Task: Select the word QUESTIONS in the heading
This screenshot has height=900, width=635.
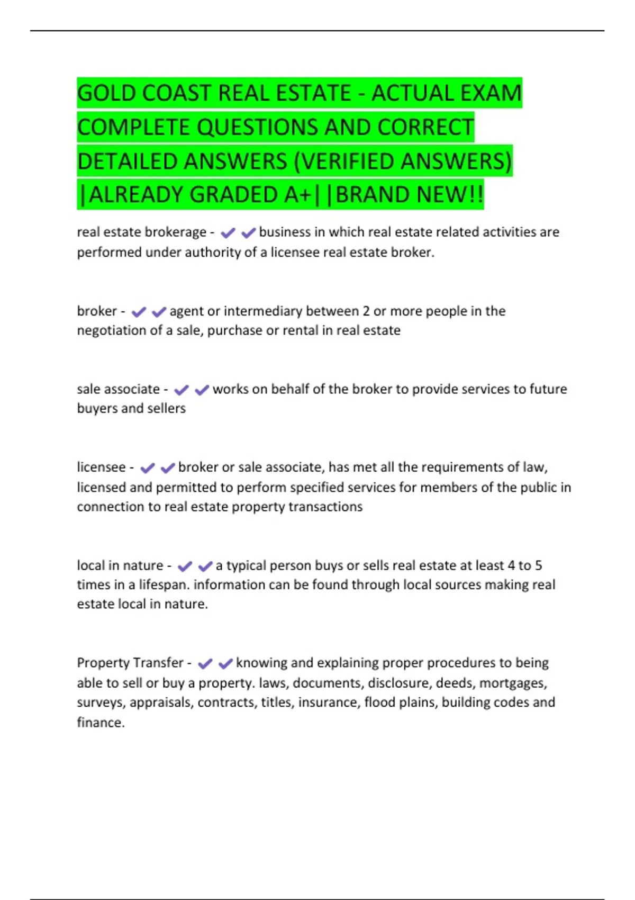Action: tap(257, 128)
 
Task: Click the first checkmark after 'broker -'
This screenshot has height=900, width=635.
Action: tap(139, 312)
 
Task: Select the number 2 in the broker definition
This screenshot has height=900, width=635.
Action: tap(366, 311)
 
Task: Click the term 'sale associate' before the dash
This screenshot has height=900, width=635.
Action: tap(118, 389)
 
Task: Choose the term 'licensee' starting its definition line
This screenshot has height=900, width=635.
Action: tap(101, 467)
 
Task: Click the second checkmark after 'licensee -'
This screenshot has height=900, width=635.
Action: tap(168, 468)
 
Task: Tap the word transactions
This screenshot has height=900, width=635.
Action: tap(325, 507)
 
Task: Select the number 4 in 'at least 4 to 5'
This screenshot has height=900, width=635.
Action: tap(511, 566)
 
